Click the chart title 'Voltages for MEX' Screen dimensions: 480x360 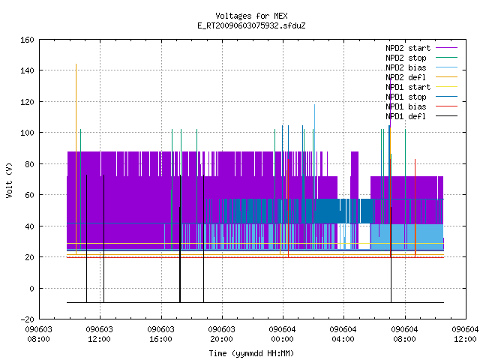click(x=251, y=16)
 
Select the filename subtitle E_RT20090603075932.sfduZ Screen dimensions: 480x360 click(x=251, y=25)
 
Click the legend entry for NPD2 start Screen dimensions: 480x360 click(x=408, y=48)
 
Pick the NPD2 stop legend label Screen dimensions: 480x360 click(x=406, y=58)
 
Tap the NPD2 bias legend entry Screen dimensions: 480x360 click(x=406, y=67)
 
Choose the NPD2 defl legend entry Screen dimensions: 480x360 click(x=406, y=77)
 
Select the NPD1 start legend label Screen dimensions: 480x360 click(x=408, y=87)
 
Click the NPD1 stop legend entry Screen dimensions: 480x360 click(x=406, y=97)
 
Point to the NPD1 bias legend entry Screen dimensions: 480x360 click(x=406, y=106)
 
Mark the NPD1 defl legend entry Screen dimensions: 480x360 click(x=406, y=117)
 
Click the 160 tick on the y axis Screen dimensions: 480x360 click(x=27, y=40)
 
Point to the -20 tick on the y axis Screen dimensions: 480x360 click(x=27, y=319)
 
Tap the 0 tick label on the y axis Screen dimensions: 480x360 click(x=31, y=288)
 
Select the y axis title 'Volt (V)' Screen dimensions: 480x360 click(x=10, y=180)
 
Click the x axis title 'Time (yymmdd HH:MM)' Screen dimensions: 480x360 click(x=251, y=353)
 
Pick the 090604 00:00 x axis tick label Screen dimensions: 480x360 click(x=282, y=334)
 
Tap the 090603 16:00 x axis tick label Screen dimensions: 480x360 click(x=160, y=334)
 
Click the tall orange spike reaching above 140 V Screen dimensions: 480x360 click(x=76, y=159)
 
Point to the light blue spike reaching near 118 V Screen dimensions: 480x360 click(x=314, y=177)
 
